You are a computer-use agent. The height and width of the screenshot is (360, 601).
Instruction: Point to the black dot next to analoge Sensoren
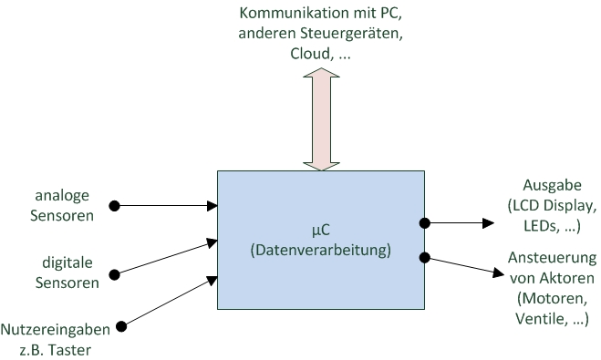click(115, 206)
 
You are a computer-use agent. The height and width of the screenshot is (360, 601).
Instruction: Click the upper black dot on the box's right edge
click(424, 221)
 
